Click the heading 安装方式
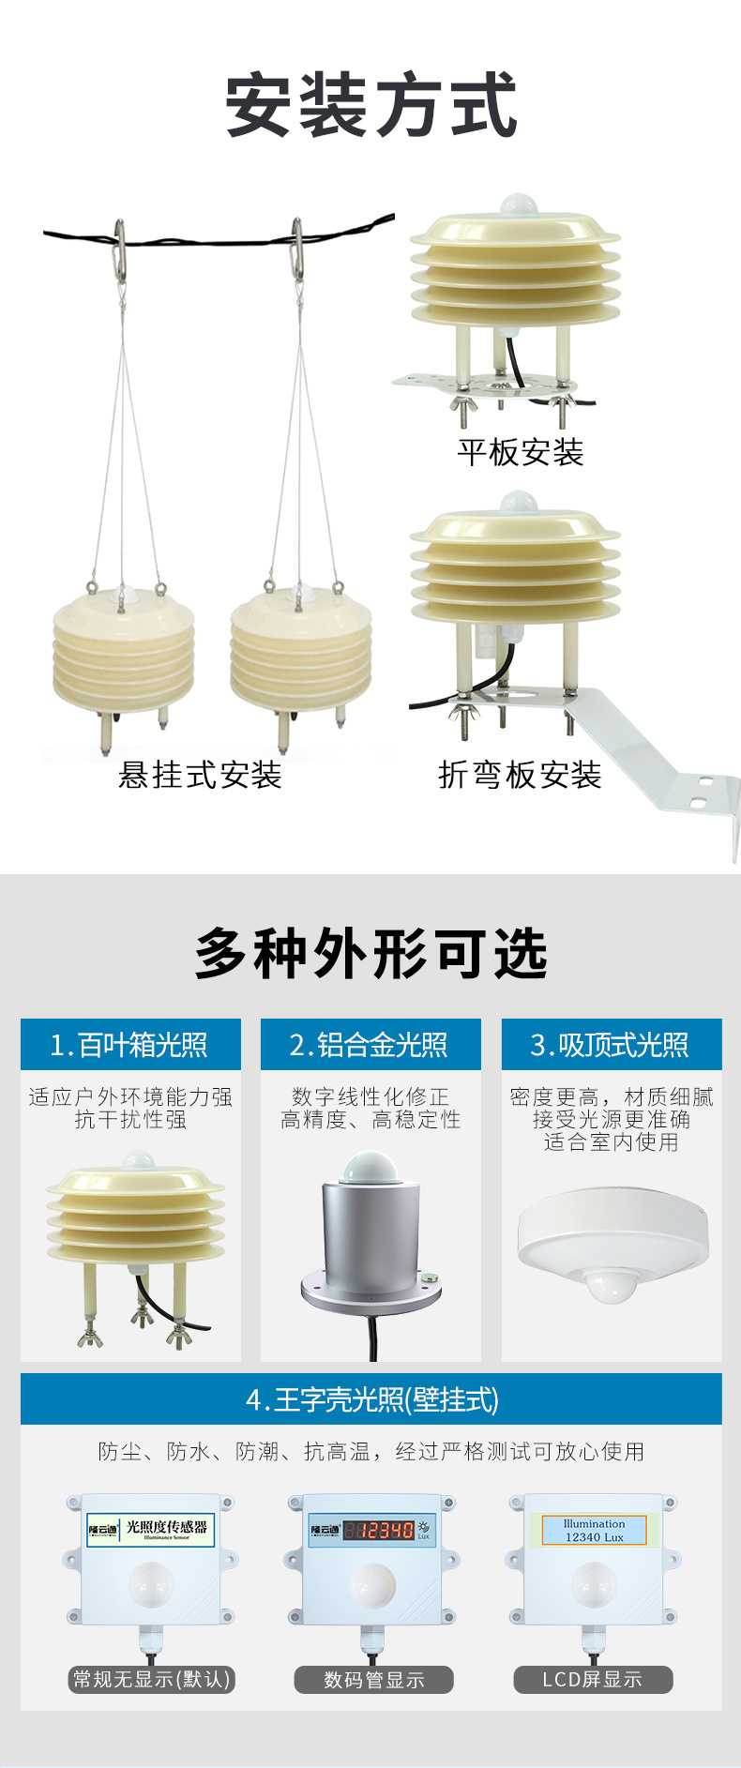(x=370, y=105)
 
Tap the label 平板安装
(x=521, y=452)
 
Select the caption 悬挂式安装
(x=200, y=775)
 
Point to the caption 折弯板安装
(x=520, y=775)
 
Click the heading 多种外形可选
(x=370, y=954)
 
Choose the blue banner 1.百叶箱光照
(x=130, y=1045)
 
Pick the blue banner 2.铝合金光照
(x=370, y=1045)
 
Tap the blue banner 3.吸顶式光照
(x=611, y=1045)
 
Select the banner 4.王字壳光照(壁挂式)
(x=370, y=1399)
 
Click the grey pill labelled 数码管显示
(x=373, y=1680)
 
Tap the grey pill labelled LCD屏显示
(x=593, y=1680)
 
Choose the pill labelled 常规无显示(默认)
(x=152, y=1679)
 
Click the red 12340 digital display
(x=378, y=1531)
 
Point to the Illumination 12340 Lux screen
(x=595, y=1531)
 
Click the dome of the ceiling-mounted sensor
(x=611, y=1282)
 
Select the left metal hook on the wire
(x=119, y=247)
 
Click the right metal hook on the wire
(x=297, y=247)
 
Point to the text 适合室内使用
(x=611, y=1142)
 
